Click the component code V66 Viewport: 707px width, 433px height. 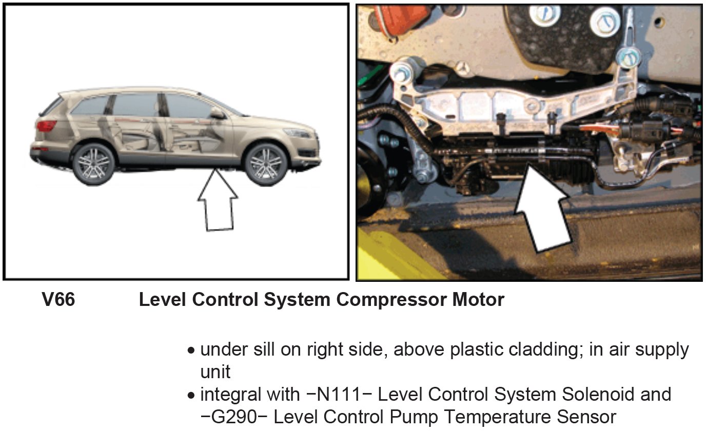point(58,300)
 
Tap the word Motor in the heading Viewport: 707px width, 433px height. point(478,300)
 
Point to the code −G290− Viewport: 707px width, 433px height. point(234,417)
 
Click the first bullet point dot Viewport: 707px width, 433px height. point(191,352)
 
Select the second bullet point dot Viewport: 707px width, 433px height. point(191,396)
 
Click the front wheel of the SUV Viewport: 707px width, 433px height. point(266,163)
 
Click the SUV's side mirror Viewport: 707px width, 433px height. point(218,113)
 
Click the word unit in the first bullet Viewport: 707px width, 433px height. point(215,373)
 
